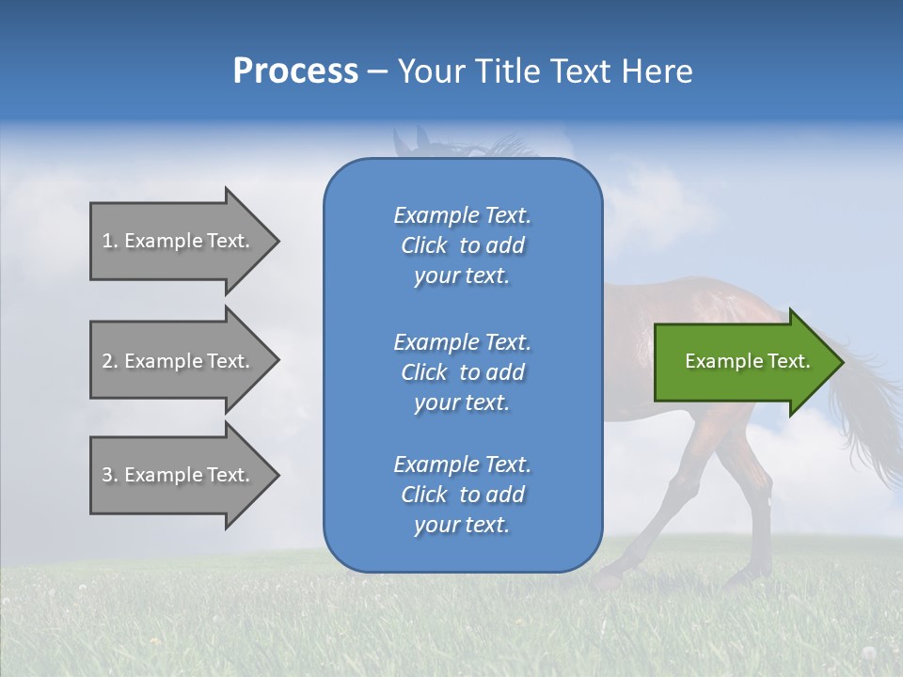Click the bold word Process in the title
pos(295,71)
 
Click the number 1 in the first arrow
pos(107,241)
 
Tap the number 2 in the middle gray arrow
pos(107,361)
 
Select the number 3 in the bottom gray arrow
pos(107,475)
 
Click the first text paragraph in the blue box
pos(462,245)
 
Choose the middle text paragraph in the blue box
pos(462,372)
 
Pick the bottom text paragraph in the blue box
pos(462,495)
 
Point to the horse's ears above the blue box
pos(406,139)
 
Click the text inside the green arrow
pos(747,361)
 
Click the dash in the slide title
pos(378,71)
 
